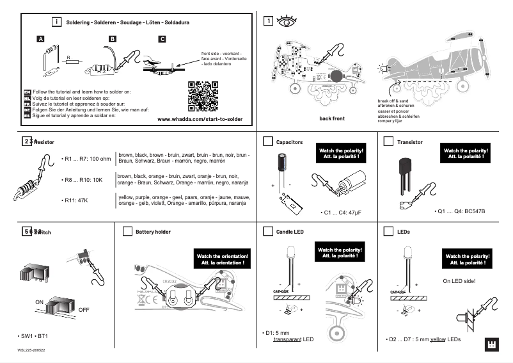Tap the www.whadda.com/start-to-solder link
click(x=200, y=119)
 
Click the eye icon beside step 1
click(x=286, y=21)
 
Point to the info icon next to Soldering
click(x=57, y=22)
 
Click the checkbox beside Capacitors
click(x=268, y=141)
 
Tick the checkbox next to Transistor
click(x=388, y=141)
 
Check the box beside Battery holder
click(x=127, y=231)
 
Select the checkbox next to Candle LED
click(x=268, y=231)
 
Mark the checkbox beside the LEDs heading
click(x=388, y=231)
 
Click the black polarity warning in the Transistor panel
click(x=465, y=153)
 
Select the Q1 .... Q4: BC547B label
click(x=459, y=211)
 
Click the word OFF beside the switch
click(x=84, y=309)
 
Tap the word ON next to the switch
click(x=39, y=301)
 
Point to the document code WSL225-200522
click(x=31, y=351)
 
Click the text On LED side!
click(x=459, y=280)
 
